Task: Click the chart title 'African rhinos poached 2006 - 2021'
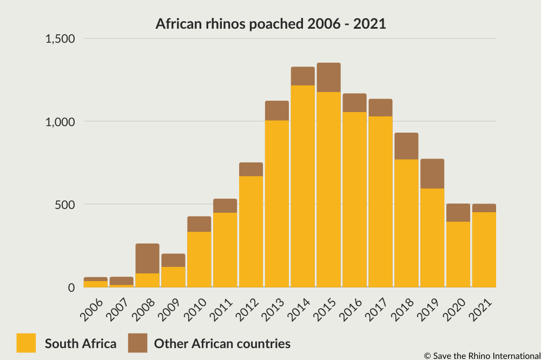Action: (270, 24)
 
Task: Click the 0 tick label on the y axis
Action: (71, 287)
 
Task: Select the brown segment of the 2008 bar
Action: (147, 258)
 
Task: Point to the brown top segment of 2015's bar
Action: (328, 77)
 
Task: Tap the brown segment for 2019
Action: (432, 173)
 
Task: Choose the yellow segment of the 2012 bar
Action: (251, 232)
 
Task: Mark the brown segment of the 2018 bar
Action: (406, 146)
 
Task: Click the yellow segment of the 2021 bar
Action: (484, 250)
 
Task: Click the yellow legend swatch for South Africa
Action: (26, 343)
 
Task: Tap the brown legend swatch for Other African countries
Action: (137, 343)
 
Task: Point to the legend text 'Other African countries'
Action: (222, 343)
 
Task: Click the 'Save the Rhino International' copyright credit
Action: (482, 356)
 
